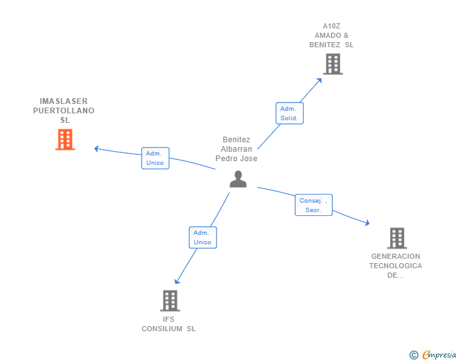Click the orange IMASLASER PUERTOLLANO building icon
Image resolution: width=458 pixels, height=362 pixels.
tap(65, 140)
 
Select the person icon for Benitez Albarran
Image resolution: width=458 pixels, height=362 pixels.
tap(238, 179)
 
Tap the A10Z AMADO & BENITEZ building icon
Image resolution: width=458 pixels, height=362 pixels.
tap(333, 64)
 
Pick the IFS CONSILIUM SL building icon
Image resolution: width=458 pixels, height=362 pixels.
tap(170, 301)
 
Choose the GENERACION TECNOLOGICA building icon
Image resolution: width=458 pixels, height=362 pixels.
tap(396, 238)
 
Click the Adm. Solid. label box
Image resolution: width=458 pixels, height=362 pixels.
tap(289, 113)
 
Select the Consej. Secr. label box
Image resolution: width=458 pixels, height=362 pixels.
tap(313, 205)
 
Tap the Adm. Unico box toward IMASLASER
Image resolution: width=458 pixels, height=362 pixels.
tap(155, 158)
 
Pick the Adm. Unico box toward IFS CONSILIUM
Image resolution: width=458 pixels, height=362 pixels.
tap(203, 237)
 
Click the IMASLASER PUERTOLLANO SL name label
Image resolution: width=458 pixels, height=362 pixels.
tap(64, 110)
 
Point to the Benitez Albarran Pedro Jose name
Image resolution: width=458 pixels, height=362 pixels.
tap(237, 149)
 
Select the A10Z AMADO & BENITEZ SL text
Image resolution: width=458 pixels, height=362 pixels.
tap(332, 35)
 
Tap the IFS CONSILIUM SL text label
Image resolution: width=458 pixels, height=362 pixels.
tap(169, 324)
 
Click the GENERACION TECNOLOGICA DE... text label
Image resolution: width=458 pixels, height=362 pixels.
tap(396, 266)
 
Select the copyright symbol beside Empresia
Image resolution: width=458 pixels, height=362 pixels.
tap(413, 355)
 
